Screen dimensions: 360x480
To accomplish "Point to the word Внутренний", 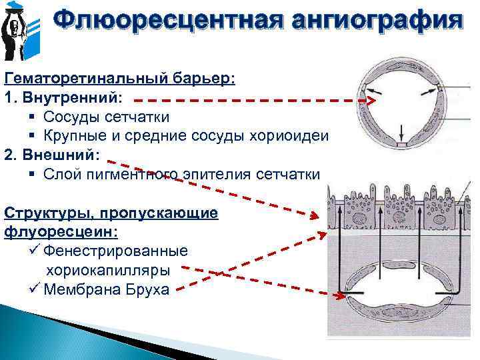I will click(72, 97).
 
